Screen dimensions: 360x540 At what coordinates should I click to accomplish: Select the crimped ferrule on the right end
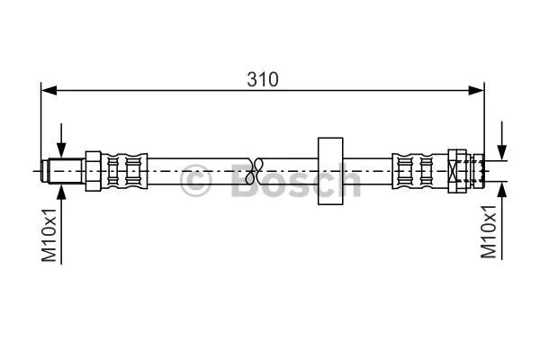tap(414, 169)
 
